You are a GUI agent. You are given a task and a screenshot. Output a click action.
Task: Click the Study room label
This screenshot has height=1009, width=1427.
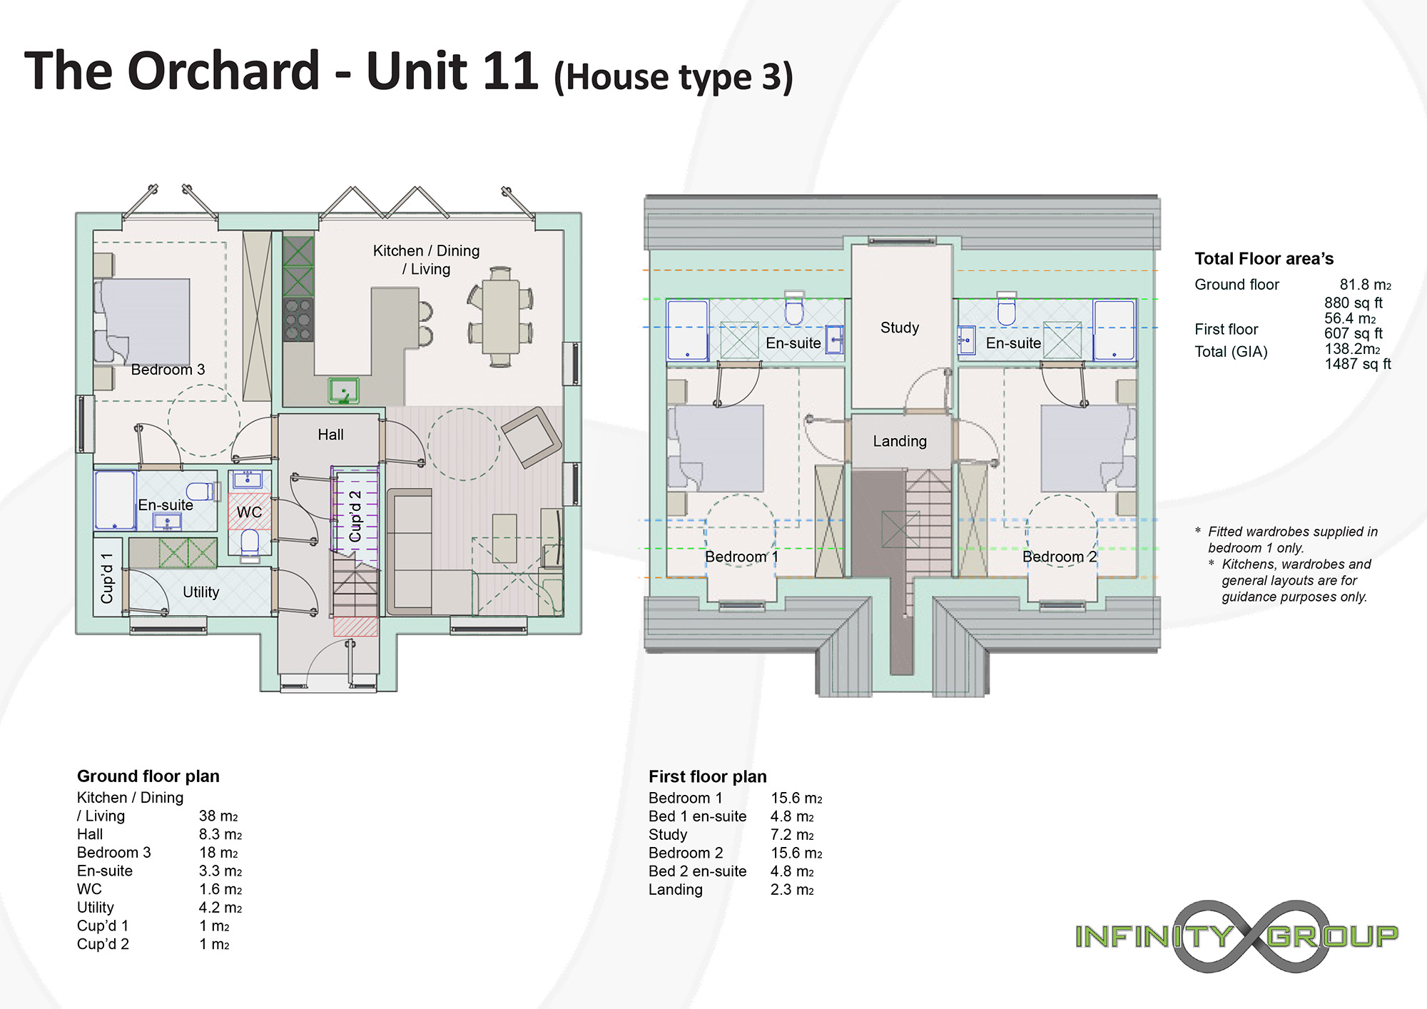pyautogui.click(x=900, y=328)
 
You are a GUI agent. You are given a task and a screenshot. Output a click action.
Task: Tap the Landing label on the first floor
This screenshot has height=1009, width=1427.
pyautogui.click(x=900, y=442)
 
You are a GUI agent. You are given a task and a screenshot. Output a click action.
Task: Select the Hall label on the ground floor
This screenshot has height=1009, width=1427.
pyautogui.click(x=330, y=435)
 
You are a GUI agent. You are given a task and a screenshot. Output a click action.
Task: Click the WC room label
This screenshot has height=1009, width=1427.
pyautogui.click(x=249, y=512)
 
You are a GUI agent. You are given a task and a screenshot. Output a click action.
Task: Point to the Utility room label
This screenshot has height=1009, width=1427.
pyautogui.click(x=200, y=592)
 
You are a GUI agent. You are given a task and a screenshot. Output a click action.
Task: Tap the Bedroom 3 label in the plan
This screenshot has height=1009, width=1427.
pyautogui.click(x=168, y=370)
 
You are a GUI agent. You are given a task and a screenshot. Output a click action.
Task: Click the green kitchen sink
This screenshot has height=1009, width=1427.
pyautogui.click(x=343, y=391)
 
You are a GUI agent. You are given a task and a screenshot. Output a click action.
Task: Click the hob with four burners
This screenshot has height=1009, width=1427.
pyautogui.click(x=298, y=319)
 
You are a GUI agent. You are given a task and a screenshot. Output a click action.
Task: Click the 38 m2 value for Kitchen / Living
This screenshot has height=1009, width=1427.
pyautogui.click(x=218, y=816)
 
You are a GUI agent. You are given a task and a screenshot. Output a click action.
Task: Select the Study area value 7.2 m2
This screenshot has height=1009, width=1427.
pyautogui.click(x=792, y=835)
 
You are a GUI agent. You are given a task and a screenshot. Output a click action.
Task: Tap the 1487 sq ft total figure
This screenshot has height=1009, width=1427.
pyautogui.click(x=1358, y=364)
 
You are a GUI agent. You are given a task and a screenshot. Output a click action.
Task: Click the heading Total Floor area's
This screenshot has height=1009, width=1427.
pyautogui.click(x=1264, y=258)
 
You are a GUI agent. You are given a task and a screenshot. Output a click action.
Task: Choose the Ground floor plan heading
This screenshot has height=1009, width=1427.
pyautogui.click(x=148, y=776)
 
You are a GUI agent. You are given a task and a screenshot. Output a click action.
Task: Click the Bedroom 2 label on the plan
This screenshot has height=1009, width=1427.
pyautogui.click(x=1060, y=557)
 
